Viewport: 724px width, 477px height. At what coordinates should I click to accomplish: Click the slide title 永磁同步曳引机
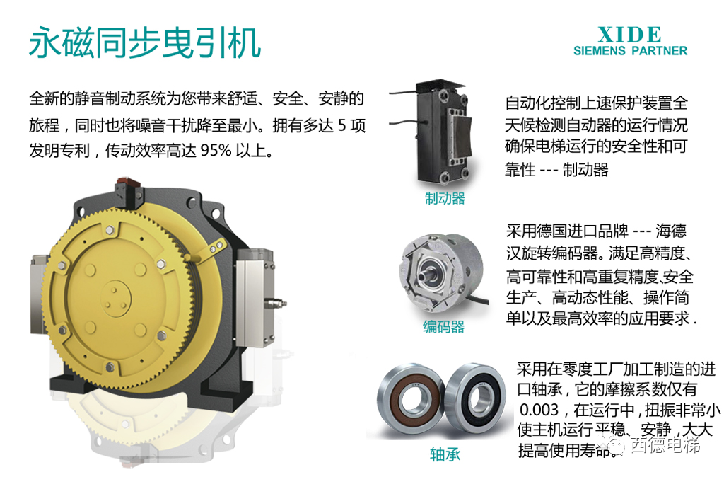[x=145, y=42]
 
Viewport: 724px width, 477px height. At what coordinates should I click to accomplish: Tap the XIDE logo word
[x=630, y=35]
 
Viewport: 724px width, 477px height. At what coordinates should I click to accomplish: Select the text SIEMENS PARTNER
[x=630, y=50]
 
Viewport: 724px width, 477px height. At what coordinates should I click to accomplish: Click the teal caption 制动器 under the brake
[x=445, y=198]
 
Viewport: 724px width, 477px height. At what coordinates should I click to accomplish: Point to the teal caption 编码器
[x=444, y=327]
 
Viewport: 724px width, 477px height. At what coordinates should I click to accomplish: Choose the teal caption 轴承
[x=445, y=454]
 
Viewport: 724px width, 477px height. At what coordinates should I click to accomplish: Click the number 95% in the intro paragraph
[x=216, y=150]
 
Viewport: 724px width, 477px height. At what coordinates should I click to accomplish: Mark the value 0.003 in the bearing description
[x=539, y=410]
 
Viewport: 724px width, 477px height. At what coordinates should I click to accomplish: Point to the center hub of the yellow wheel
[x=115, y=298]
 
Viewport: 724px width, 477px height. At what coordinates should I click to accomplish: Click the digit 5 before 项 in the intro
[x=342, y=125]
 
